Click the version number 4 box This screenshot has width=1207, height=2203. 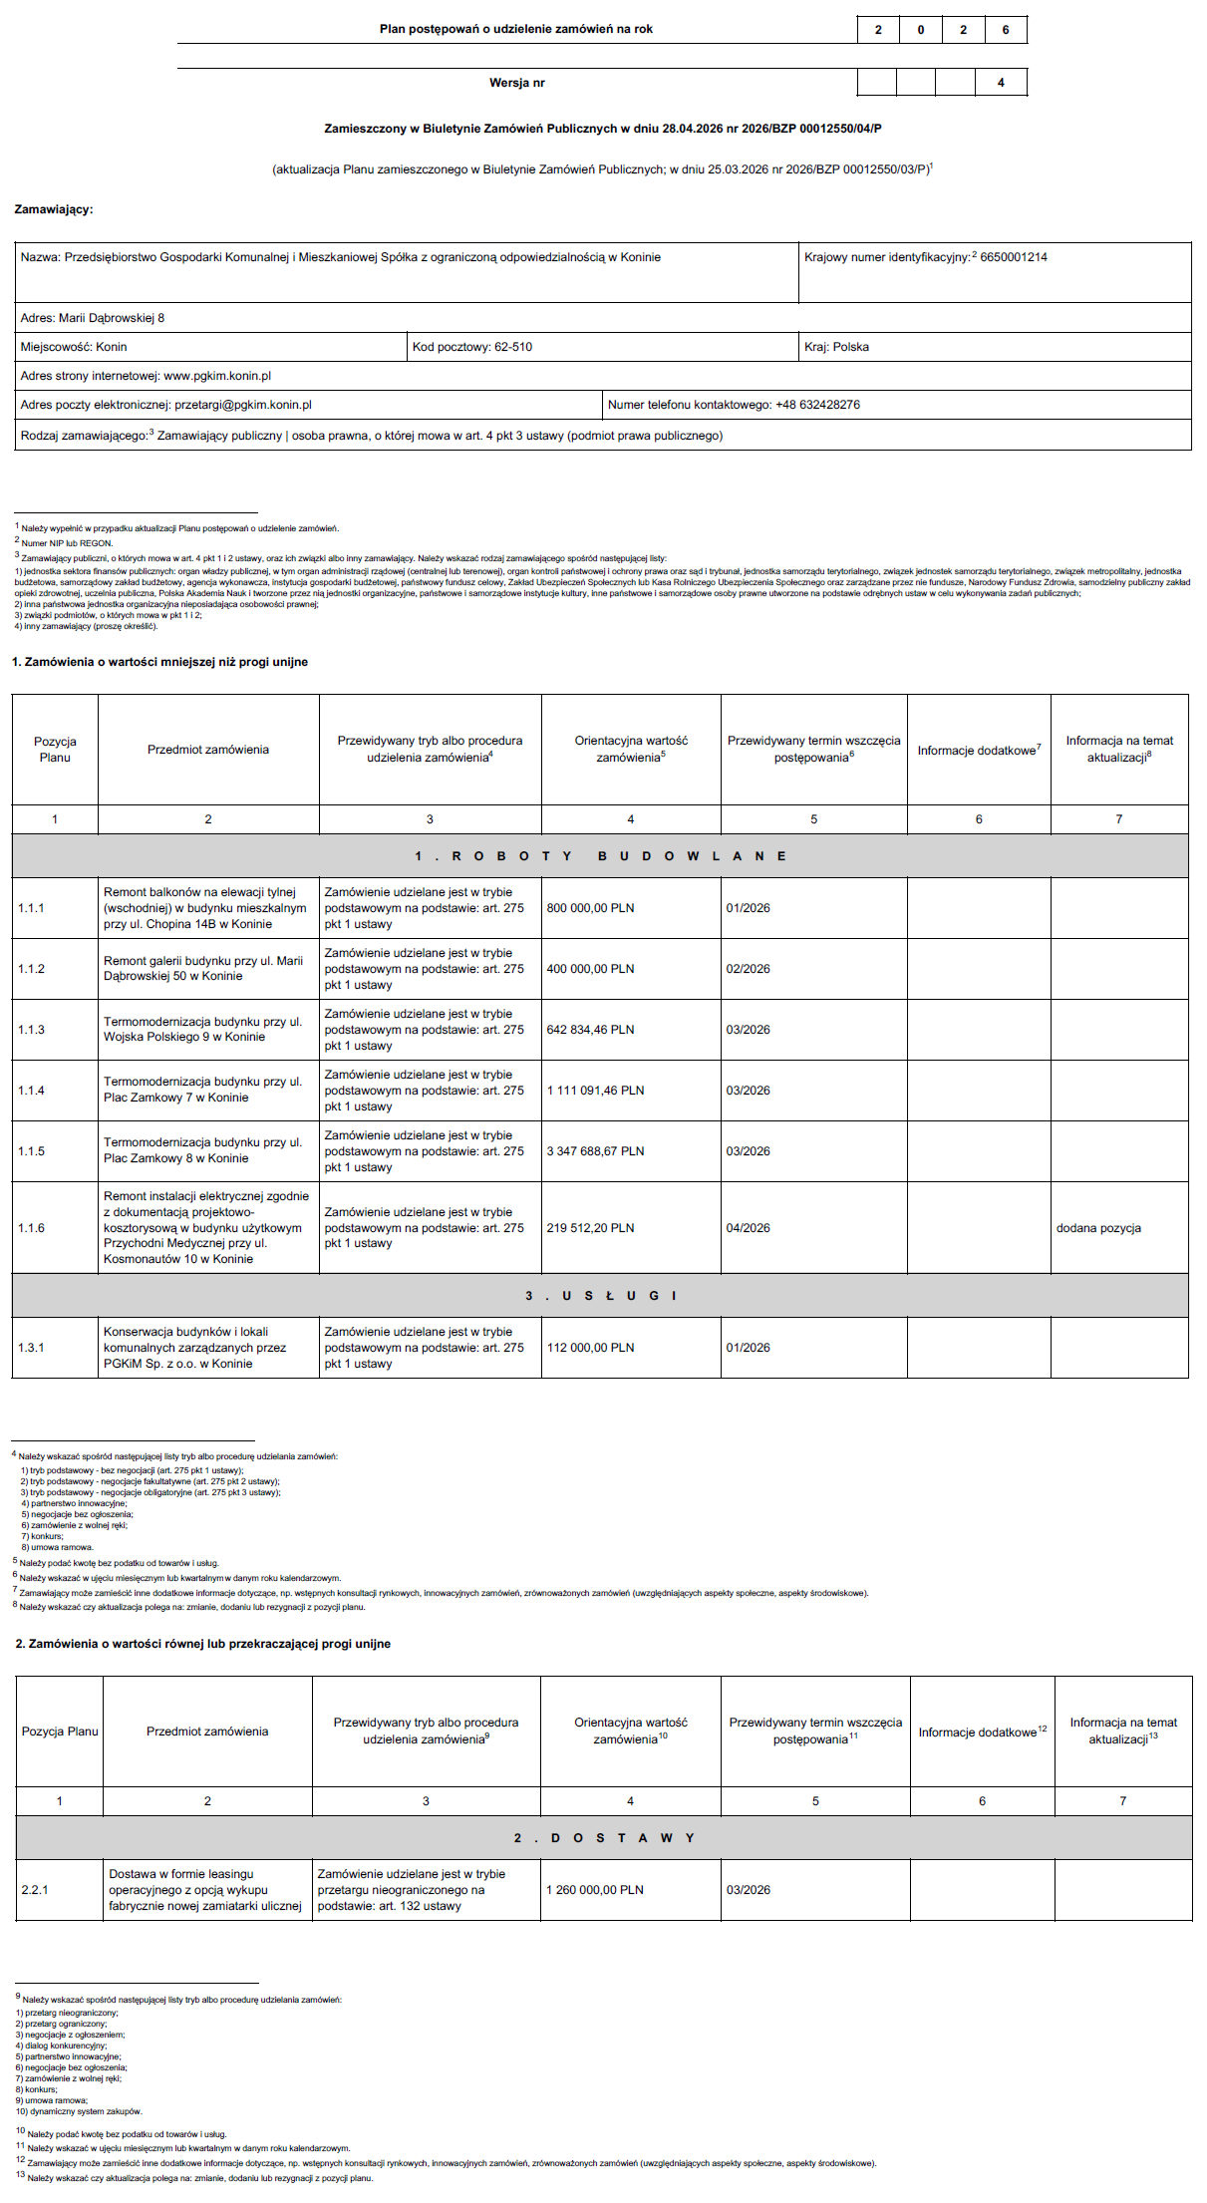[x=1001, y=83]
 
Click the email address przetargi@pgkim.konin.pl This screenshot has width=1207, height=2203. [x=242, y=405]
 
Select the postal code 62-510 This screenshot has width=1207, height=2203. [x=513, y=347]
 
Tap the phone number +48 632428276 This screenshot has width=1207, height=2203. [x=817, y=405]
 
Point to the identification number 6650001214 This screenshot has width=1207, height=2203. [x=1014, y=257]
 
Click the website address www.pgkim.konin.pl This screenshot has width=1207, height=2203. [x=217, y=376]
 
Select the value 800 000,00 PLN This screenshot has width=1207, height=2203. [x=590, y=908]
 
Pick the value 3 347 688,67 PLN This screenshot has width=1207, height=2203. [x=595, y=1151]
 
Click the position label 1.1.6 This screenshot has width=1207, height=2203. [x=31, y=1228]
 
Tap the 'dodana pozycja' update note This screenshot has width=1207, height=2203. [x=1098, y=1228]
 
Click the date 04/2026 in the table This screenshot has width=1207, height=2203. [x=748, y=1228]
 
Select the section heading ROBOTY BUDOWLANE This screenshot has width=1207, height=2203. [x=600, y=856]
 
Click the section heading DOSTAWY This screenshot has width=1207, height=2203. [x=604, y=1837]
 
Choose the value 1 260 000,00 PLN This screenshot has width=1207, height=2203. [x=594, y=1889]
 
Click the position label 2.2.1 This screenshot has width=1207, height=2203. [x=35, y=1889]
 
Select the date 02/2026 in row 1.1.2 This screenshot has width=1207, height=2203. [x=748, y=969]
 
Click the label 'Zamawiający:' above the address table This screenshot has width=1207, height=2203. [x=54, y=209]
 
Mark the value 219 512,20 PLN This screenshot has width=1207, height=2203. [x=590, y=1228]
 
